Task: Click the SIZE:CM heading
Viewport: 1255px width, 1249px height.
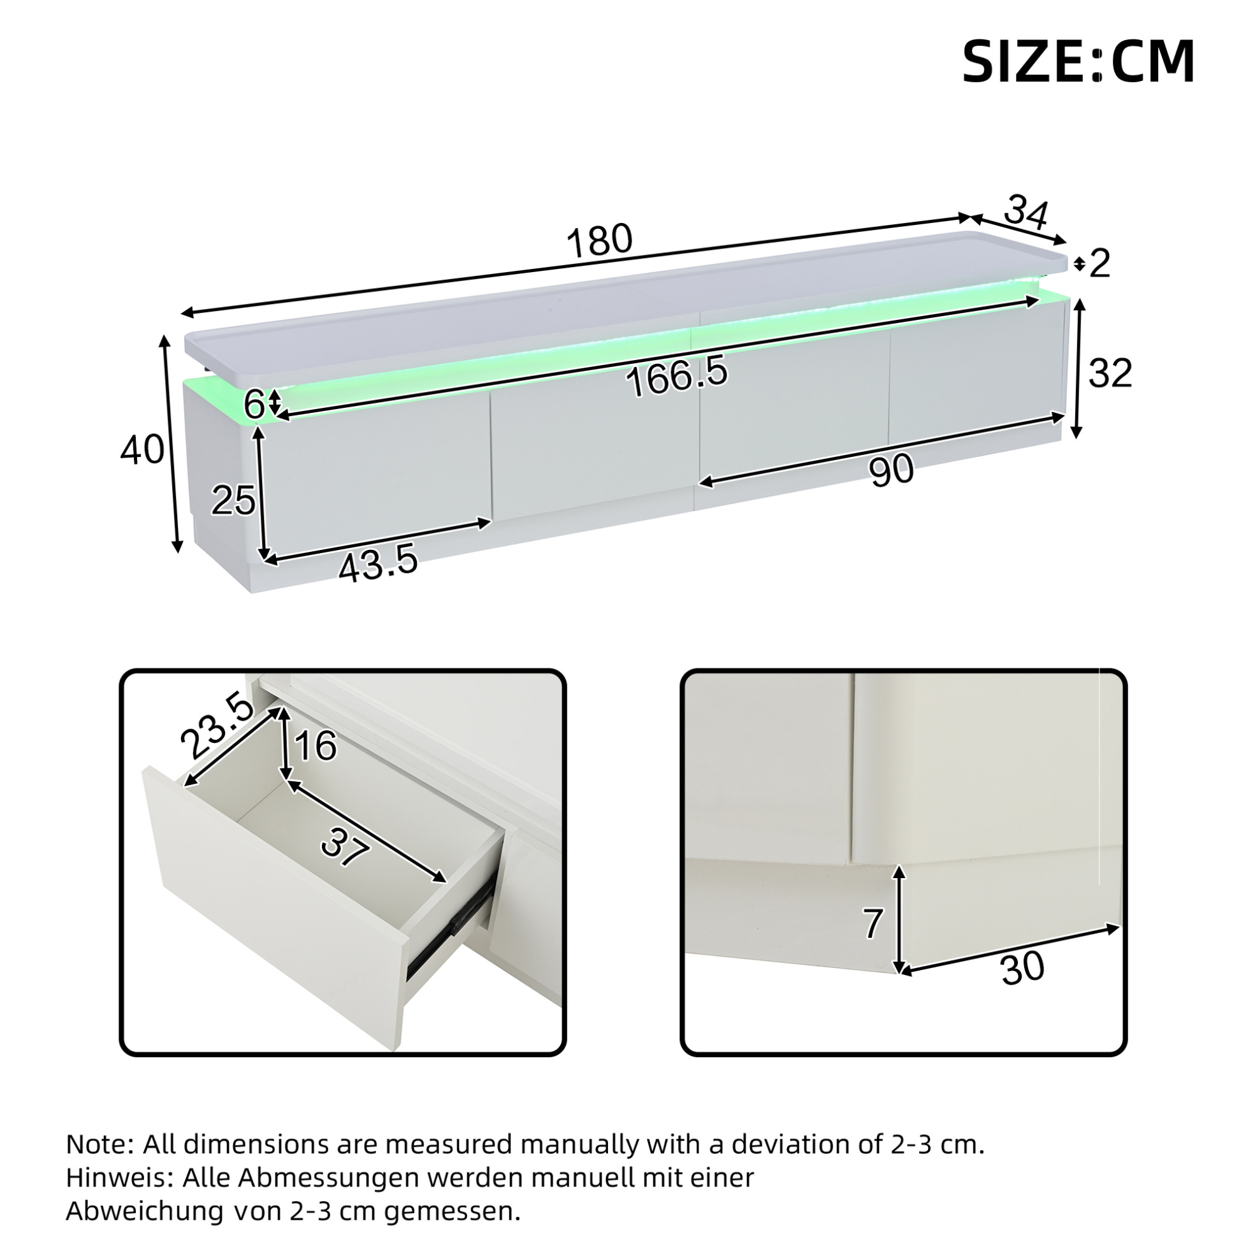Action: point(1078,62)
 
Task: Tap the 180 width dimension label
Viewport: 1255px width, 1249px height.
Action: point(599,240)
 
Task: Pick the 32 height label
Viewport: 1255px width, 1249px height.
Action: point(1110,373)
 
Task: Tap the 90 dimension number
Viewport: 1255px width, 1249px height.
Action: point(892,470)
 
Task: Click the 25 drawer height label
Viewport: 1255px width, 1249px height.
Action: point(233,501)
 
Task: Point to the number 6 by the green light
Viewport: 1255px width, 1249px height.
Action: point(255,405)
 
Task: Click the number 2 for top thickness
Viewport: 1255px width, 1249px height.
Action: point(1099,264)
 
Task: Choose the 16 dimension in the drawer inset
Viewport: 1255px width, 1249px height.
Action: point(316,746)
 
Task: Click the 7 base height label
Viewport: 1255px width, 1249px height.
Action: point(874,924)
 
